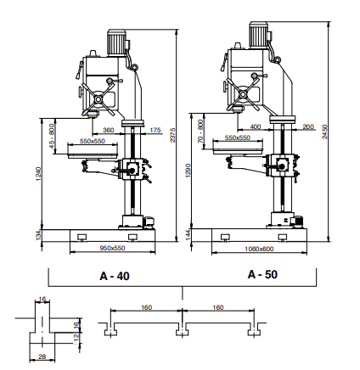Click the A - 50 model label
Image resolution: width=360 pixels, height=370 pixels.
tap(262, 275)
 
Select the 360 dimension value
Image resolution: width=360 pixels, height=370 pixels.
tap(108, 130)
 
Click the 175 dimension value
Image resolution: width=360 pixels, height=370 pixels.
tap(154, 130)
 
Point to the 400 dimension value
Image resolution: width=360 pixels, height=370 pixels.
tap(256, 127)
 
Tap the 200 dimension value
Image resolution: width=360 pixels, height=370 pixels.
tap(307, 127)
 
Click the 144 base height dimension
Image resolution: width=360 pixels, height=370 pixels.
tap(188, 234)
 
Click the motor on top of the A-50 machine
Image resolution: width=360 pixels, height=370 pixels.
tap(259, 33)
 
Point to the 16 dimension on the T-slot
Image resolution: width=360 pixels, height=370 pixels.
tap(42, 299)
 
